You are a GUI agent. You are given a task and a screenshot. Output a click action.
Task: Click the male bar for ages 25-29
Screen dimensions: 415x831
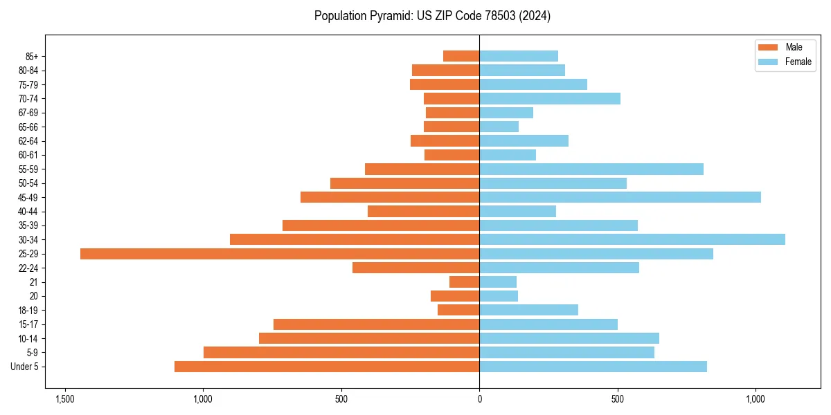click(280, 254)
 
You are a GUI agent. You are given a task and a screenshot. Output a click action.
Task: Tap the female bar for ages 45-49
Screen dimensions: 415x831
click(620, 197)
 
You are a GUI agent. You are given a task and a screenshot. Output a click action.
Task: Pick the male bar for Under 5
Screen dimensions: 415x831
click(327, 367)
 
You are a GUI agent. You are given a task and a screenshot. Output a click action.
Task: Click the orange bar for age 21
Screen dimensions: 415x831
click(465, 282)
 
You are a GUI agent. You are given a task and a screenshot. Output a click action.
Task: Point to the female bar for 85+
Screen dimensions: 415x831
click(519, 56)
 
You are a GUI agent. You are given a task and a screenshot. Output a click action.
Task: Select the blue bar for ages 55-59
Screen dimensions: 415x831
click(591, 169)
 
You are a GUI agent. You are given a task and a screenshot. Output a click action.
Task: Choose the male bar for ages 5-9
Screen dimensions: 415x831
click(341, 352)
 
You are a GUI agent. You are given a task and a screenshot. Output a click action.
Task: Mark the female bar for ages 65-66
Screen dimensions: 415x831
click(499, 127)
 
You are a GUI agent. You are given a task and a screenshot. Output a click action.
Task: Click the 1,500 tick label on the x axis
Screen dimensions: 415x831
click(65, 399)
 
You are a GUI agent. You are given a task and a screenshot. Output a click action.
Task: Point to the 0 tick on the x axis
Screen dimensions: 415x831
click(479, 399)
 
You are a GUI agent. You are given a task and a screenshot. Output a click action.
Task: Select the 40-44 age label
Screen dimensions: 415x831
click(29, 212)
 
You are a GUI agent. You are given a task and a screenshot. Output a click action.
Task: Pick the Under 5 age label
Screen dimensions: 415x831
click(25, 367)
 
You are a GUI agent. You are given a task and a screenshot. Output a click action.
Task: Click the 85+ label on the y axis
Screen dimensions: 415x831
click(33, 56)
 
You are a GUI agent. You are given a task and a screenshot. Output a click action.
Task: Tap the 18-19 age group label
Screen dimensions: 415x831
click(29, 310)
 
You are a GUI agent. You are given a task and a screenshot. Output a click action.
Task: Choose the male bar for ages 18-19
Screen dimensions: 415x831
click(458, 310)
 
